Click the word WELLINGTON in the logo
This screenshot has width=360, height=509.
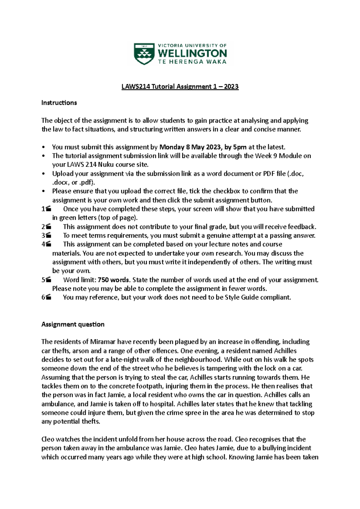tap(192, 54)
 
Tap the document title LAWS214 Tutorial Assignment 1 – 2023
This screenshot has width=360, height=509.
tap(180, 87)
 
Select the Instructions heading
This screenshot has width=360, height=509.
tap(59, 103)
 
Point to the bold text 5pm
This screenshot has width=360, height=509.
tap(240, 147)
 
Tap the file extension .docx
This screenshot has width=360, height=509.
tap(61, 183)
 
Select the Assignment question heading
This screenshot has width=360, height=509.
tap(73, 324)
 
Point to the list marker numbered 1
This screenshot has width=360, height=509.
tap(46, 209)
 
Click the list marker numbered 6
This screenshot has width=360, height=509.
tap(46, 297)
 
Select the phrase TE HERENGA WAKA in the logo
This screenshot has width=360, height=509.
tap(192, 62)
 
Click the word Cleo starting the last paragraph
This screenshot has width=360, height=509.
tap(48, 439)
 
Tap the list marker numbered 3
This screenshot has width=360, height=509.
tap(46, 236)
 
